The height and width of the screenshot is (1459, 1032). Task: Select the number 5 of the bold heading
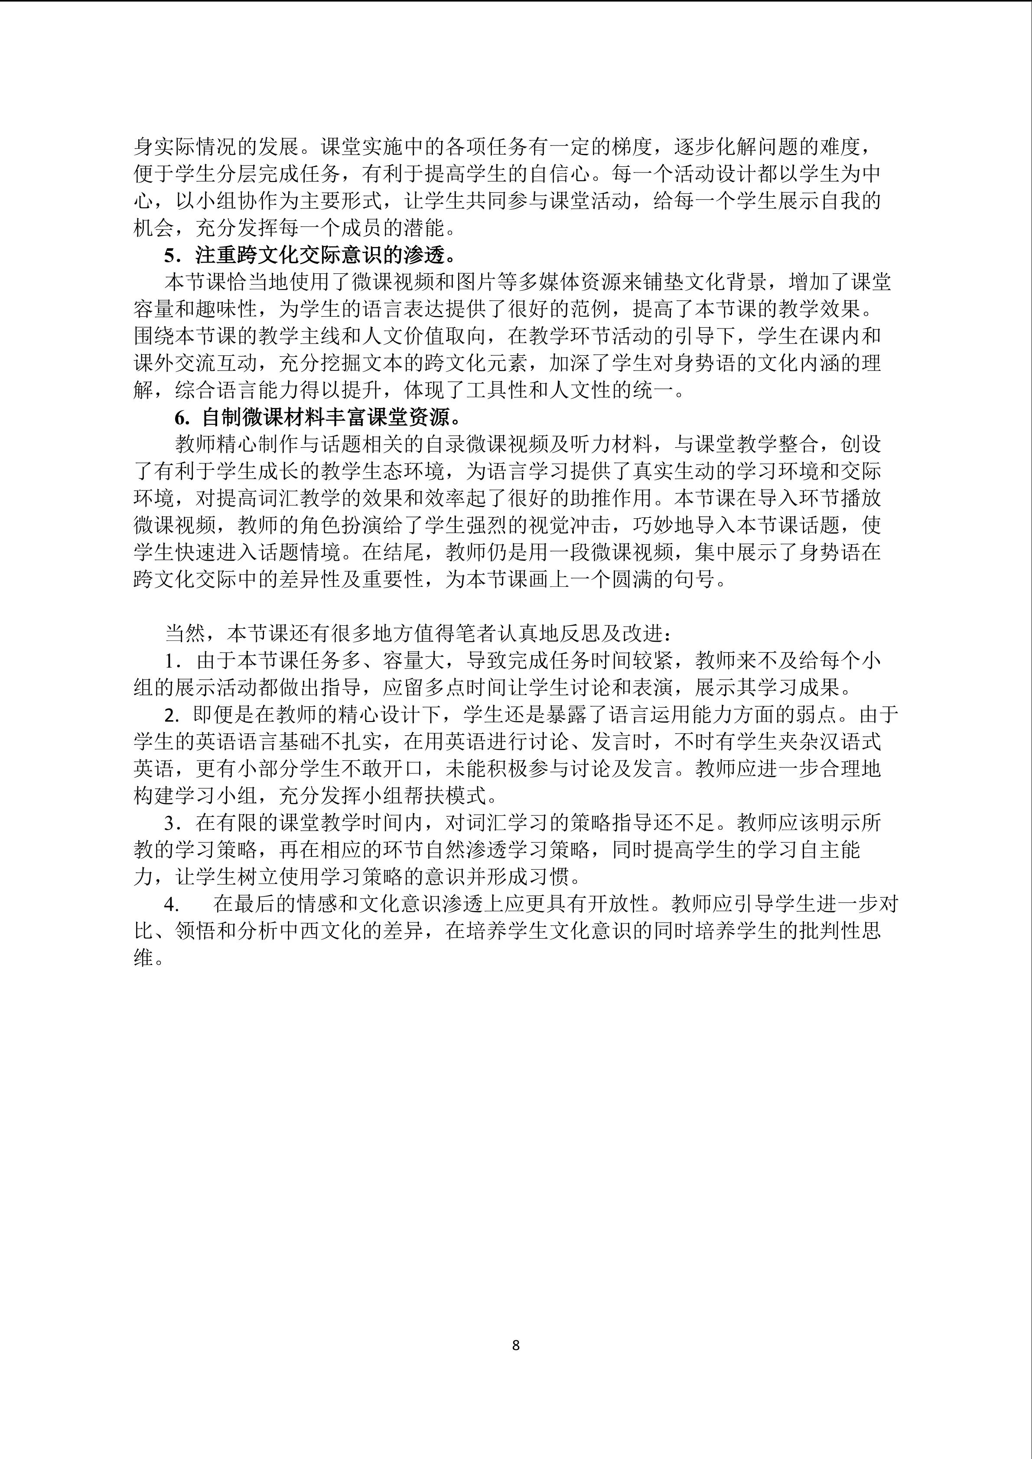tap(169, 256)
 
